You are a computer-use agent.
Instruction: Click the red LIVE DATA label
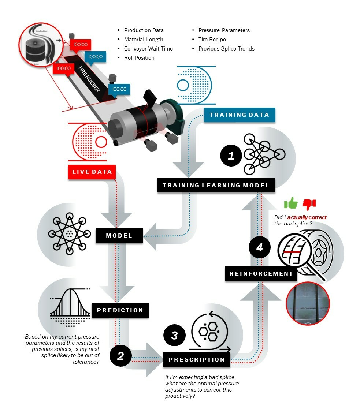[x=92, y=172]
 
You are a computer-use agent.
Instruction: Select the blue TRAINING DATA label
[x=239, y=115]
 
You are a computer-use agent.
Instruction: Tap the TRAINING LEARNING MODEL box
[x=216, y=185]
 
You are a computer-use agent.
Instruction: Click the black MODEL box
[x=119, y=235]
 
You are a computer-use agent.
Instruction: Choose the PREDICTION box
[x=120, y=310]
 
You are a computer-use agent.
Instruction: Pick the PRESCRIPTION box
[x=197, y=359]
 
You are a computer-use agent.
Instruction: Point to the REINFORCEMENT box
[x=261, y=273]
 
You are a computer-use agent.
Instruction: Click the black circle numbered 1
[x=231, y=156]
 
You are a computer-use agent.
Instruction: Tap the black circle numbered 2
[x=120, y=356]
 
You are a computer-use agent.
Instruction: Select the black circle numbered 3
[x=174, y=335]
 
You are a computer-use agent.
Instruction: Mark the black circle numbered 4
[x=260, y=248]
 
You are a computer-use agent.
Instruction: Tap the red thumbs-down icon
[x=309, y=203]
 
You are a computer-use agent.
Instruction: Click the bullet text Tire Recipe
[x=212, y=40]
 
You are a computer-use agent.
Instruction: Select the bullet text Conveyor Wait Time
[x=148, y=49]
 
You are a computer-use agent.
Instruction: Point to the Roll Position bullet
[x=139, y=58]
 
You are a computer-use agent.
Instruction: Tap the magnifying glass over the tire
[x=298, y=253]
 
